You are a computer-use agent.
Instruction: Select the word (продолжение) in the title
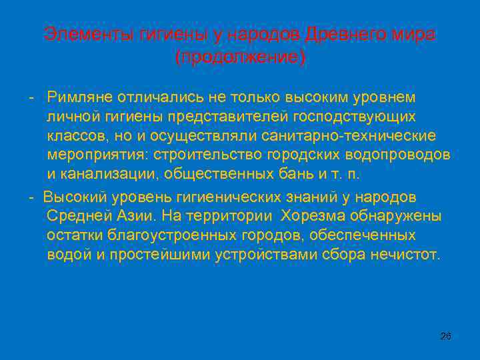point(240,58)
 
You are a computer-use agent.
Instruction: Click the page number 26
point(446,336)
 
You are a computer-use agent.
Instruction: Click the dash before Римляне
point(31,97)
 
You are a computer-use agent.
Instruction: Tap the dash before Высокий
point(31,197)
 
